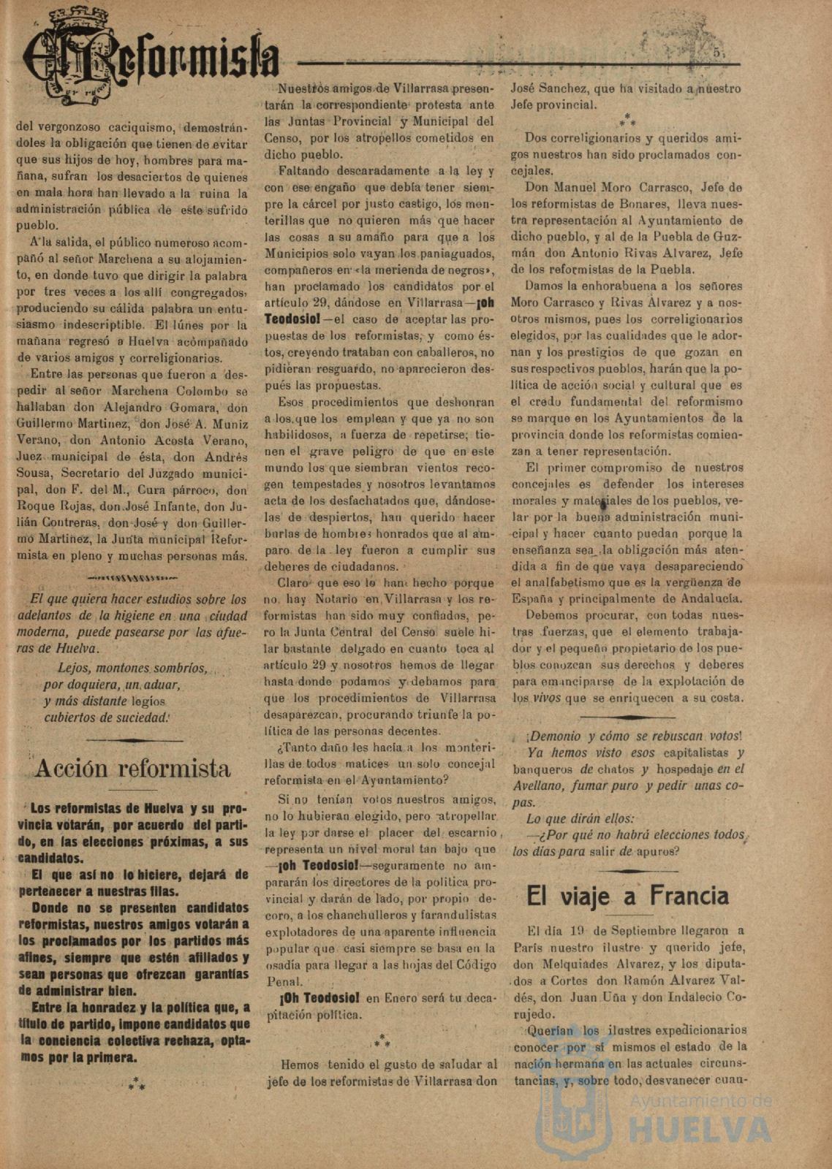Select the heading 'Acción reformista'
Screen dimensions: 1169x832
pyautogui.click(x=132, y=768)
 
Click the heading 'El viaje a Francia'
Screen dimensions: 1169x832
pyautogui.click(x=627, y=896)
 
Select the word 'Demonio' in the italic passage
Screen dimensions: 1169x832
pyautogui.click(x=556, y=736)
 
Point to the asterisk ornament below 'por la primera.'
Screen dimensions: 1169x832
pyautogui.click(x=137, y=1084)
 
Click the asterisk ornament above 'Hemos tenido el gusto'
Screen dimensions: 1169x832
pyautogui.click(x=381, y=1040)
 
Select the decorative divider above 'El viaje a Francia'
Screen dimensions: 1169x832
pyautogui.click(x=627, y=871)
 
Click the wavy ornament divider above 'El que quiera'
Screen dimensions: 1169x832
pyautogui.click(x=132, y=577)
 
